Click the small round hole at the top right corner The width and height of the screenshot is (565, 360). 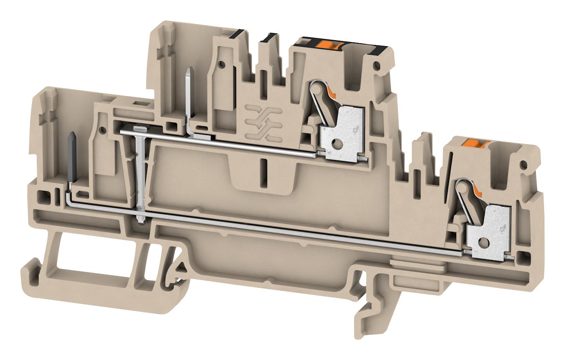click(376, 66)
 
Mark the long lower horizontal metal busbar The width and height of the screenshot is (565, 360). click(299, 233)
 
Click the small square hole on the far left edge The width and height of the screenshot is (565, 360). click(41, 197)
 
